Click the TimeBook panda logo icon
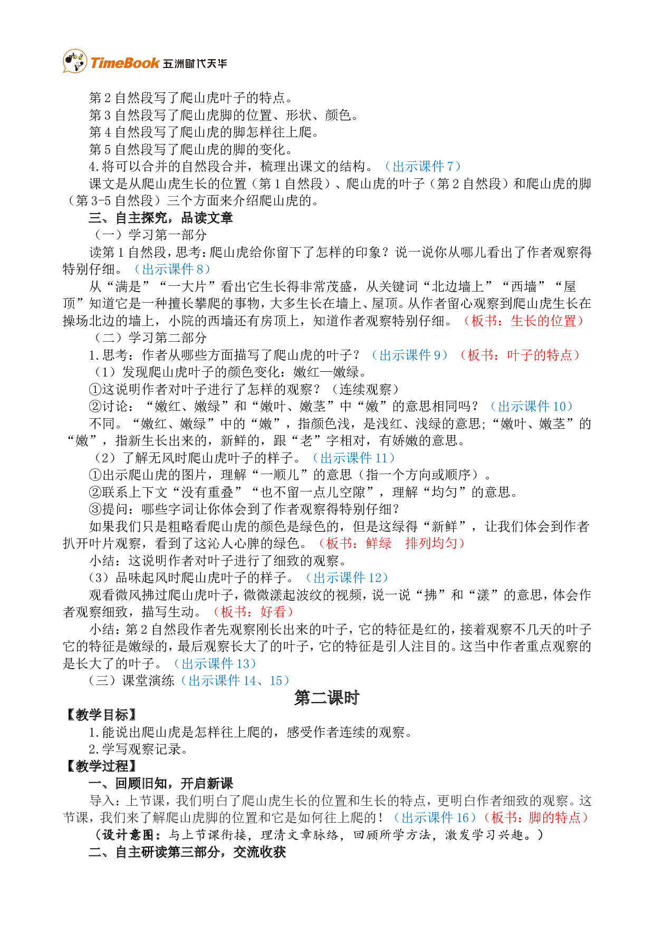(74, 61)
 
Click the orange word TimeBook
(124, 63)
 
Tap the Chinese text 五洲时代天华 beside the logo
(195, 64)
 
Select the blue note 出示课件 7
(422, 167)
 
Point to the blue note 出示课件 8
(172, 269)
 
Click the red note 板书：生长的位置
(524, 321)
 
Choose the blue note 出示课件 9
(409, 355)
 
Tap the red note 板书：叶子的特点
(520, 355)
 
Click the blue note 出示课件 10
(531, 407)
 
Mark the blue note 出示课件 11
(353, 458)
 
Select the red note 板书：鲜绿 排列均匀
(391, 543)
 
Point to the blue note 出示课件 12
(347, 578)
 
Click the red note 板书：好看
(253, 612)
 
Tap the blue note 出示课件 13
(215, 663)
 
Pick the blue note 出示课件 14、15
(235, 681)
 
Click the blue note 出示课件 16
(435, 818)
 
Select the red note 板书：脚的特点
(535, 818)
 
